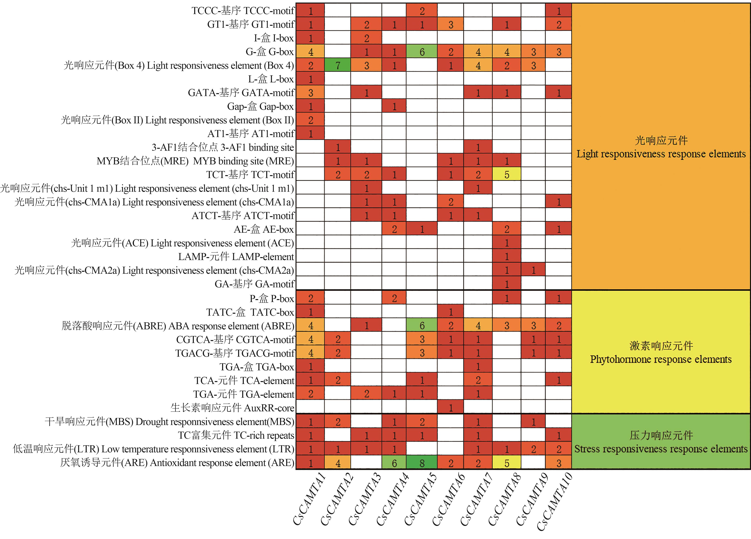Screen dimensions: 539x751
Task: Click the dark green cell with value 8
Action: pos(422,463)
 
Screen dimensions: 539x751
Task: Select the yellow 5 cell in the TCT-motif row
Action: pos(507,175)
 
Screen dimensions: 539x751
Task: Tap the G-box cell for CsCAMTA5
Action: pos(422,52)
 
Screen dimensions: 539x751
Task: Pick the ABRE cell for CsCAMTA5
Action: pos(422,326)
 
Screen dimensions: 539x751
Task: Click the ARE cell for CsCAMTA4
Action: pos(394,463)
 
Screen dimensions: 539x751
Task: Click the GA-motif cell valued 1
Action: pos(507,284)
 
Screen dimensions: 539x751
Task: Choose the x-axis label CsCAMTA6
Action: pos(449,500)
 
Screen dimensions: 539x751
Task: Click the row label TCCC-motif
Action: pos(243,11)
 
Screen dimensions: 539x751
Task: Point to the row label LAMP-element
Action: pos(236,257)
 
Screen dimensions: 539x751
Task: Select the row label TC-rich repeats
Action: pos(236,435)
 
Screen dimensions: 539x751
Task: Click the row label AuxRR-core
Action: pos(232,408)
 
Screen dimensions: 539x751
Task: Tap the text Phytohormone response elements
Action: pos(661,359)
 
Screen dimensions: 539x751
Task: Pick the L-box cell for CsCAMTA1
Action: pos(310,79)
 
